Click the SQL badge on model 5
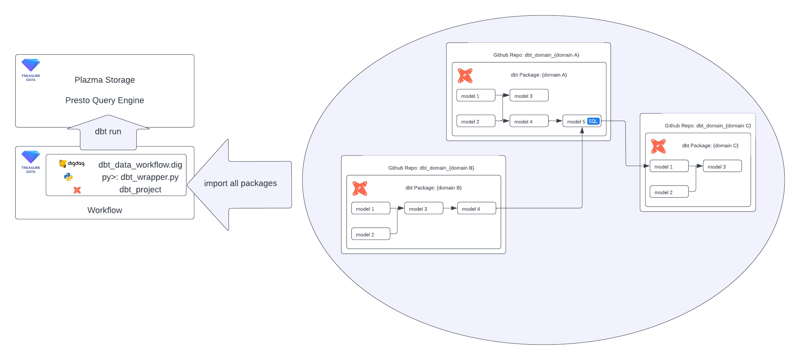[x=593, y=121]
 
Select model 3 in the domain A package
[x=529, y=96]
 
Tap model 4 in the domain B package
[x=476, y=209]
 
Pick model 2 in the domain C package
[x=669, y=192]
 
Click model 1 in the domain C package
[x=669, y=167]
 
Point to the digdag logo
[x=72, y=164]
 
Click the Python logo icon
[x=69, y=177]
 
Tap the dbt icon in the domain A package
[x=465, y=76]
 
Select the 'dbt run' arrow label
[x=108, y=132]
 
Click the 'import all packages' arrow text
[x=240, y=183]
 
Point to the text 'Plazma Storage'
[x=104, y=80]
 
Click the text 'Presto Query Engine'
[x=104, y=100]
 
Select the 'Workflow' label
[x=104, y=210]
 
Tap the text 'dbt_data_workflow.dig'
[x=140, y=165]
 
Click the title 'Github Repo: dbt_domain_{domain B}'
[x=431, y=168]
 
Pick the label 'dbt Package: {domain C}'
[x=710, y=146]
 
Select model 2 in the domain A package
[x=475, y=121]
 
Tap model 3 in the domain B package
[x=423, y=209]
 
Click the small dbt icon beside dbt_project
[x=77, y=190]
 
